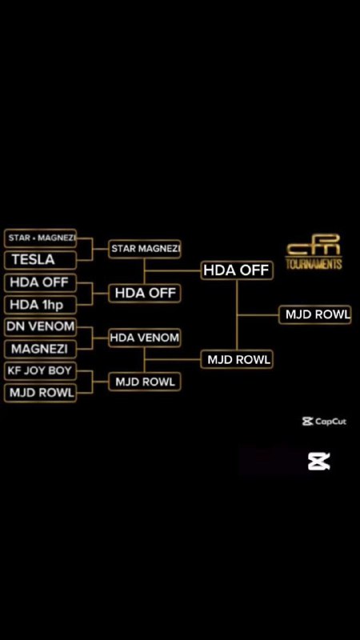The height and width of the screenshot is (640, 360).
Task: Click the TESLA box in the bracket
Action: tap(40, 260)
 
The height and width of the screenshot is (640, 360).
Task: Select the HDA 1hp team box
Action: tap(40, 305)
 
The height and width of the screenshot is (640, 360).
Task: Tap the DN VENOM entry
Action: tap(40, 326)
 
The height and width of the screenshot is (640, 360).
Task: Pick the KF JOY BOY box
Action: tap(40, 371)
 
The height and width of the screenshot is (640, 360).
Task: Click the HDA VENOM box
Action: tap(145, 338)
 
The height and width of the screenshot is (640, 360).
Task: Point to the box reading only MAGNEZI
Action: tap(40, 349)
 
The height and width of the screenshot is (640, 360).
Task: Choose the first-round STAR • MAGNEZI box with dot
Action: tap(40, 238)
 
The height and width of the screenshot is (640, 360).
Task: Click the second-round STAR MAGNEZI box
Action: tap(145, 249)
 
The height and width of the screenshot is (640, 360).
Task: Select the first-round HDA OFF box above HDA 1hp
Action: tap(40, 282)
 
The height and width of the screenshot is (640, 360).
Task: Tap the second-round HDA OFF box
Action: tap(145, 293)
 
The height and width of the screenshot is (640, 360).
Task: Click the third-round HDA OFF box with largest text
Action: tap(237, 270)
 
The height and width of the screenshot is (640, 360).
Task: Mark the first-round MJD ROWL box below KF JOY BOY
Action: tap(40, 393)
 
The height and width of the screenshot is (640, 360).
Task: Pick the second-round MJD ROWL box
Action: tap(145, 382)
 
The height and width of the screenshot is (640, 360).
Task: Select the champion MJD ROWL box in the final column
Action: tap(315, 314)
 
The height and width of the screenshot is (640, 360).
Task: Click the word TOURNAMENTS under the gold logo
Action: tap(314, 264)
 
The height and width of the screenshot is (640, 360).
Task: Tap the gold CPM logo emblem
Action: tap(314, 245)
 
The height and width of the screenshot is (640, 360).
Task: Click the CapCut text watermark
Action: tap(324, 422)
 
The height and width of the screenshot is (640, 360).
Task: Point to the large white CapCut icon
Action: tap(319, 462)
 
